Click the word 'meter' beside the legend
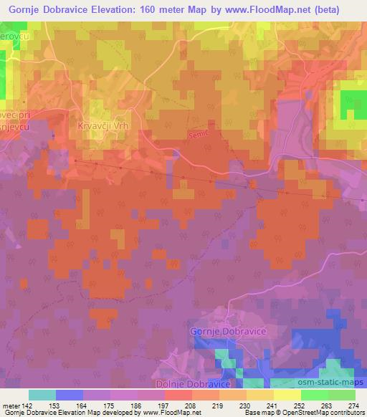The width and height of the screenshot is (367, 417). pos(11,405)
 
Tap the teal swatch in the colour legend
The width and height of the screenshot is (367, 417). pos(42,395)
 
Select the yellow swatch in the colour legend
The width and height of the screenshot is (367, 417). pos(287,395)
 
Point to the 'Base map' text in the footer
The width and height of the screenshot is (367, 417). pos(257,413)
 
